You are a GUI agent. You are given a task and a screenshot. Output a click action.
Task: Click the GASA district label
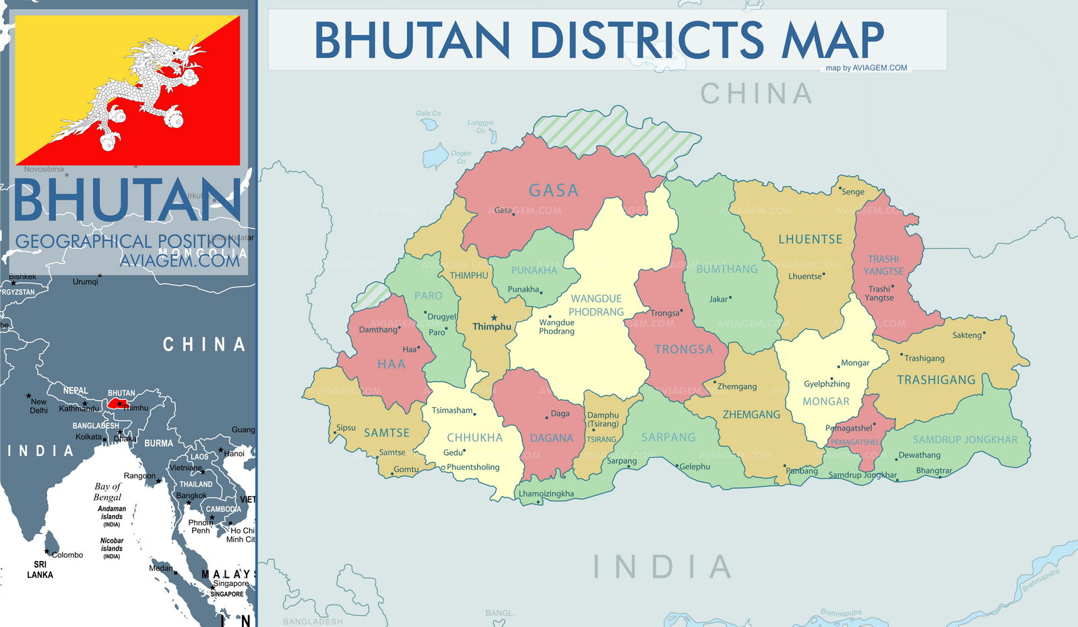click(553, 191)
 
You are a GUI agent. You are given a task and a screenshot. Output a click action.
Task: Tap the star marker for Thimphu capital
click(494, 318)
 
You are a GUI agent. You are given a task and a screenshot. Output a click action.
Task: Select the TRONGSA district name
click(683, 349)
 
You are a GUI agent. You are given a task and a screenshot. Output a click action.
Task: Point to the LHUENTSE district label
click(810, 239)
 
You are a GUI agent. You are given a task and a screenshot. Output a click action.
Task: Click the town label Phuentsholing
click(473, 467)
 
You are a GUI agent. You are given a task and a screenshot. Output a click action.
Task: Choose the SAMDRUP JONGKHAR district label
click(965, 440)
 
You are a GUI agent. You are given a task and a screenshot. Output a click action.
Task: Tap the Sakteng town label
click(967, 335)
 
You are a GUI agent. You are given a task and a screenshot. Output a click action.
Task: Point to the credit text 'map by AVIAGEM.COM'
click(866, 68)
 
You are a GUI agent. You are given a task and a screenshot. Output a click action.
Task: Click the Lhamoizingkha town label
click(546, 494)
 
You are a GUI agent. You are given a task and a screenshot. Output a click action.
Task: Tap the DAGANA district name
click(551, 438)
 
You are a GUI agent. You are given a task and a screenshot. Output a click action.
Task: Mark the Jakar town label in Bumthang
click(718, 299)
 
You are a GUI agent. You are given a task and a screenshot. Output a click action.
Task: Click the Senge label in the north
click(852, 192)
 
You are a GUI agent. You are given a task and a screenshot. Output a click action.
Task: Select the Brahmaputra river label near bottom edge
click(841, 613)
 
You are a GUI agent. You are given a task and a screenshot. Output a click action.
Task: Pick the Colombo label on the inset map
click(67, 555)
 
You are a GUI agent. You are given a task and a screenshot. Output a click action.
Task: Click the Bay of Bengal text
click(108, 491)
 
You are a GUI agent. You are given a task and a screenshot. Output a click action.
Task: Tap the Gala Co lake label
click(428, 113)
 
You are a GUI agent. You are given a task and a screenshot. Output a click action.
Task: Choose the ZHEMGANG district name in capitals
click(751, 415)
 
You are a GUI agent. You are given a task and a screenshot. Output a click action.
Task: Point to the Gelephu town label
click(695, 467)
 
